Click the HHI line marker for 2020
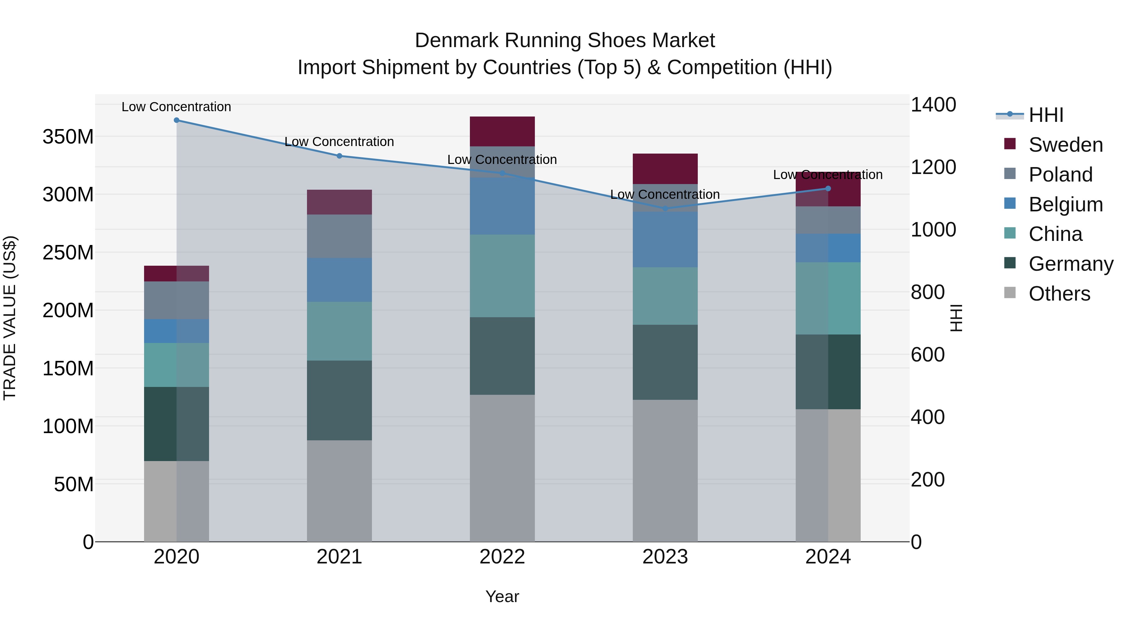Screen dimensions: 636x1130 [176, 120]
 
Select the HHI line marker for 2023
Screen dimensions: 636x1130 [665, 209]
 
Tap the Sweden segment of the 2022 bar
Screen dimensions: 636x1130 [502, 131]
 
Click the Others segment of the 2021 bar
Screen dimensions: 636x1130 [339, 491]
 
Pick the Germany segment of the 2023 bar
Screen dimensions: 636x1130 [665, 362]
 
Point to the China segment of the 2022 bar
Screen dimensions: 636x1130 [502, 276]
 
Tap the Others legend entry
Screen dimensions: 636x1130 [1059, 294]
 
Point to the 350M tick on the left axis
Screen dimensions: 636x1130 [68, 137]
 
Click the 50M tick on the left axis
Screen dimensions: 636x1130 [74, 484]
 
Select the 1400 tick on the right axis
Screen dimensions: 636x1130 [933, 105]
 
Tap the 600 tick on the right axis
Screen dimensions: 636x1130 [927, 355]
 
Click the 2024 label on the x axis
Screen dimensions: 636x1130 [828, 557]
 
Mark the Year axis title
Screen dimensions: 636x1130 [502, 596]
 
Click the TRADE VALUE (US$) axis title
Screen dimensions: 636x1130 [10, 318]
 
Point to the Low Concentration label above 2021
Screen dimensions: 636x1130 [339, 142]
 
